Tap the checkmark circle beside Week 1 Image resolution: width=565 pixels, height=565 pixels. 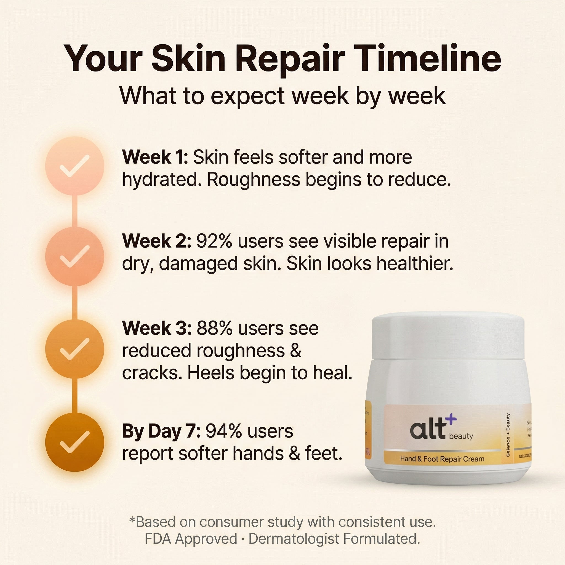pyautogui.click(x=74, y=166)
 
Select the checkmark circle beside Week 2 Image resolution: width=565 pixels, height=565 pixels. pyautogui.click(x=74, y=257)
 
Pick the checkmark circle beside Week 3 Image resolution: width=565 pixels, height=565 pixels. pyautogui.click(x=74, y=349)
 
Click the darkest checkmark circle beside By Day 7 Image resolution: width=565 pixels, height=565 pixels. pyautogui.click(x=74, y=442)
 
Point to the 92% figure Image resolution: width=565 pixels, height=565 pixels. pyautogui.click(x=214, y=242)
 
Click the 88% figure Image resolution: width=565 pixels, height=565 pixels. pyautogui.click(x=215, y=328)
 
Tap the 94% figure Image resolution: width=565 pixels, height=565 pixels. pyautogui.click(x=224, y=431)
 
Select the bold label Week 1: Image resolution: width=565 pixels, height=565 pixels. pyautogui.click(x=155, y=157)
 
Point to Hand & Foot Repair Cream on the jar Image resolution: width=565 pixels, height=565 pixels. pyautogui.click(x=442, y=459)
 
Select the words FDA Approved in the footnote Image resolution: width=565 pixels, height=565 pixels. pyautogui.click(x=191, y=539)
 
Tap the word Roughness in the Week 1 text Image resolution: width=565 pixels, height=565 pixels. pyautogui.click(x=254, y=180)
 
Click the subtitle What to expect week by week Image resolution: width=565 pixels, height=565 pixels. pyautogui.click(x=282, y=96)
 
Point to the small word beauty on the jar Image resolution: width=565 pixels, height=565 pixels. pyautogui.click(x=461, y=436)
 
